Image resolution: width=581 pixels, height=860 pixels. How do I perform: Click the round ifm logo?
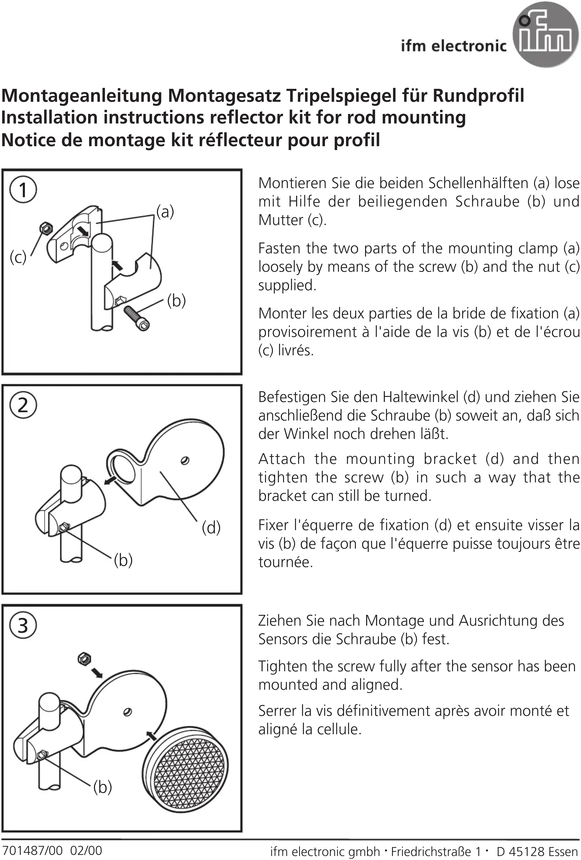[545, 35]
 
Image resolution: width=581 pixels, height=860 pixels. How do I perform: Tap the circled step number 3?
[23, 625]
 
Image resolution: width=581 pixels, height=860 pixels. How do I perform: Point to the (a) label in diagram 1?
[165, 212]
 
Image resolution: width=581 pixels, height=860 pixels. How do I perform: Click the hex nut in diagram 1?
[46, 228]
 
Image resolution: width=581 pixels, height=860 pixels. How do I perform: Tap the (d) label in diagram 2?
[211, 527]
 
